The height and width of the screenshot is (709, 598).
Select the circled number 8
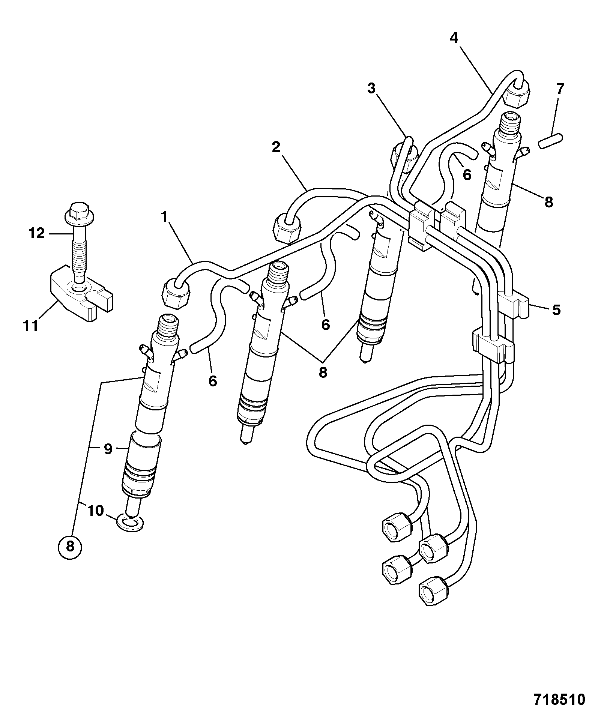tap(70, 547)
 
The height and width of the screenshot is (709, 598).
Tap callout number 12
tap(37, 234)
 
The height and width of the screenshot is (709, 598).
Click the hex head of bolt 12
tap(79, 212)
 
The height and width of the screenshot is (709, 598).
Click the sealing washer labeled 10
tap(130, 522)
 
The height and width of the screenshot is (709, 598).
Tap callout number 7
tap(559, 89)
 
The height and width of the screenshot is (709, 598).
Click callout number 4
tap(454, 38)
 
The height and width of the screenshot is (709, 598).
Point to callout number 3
tap(371, 89)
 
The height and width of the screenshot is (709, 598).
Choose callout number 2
tap(276, 147)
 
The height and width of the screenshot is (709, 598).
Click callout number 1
tap(164, 216)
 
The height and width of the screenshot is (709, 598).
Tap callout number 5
tap(556, 310)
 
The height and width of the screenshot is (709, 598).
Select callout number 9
tap(108, 449)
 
